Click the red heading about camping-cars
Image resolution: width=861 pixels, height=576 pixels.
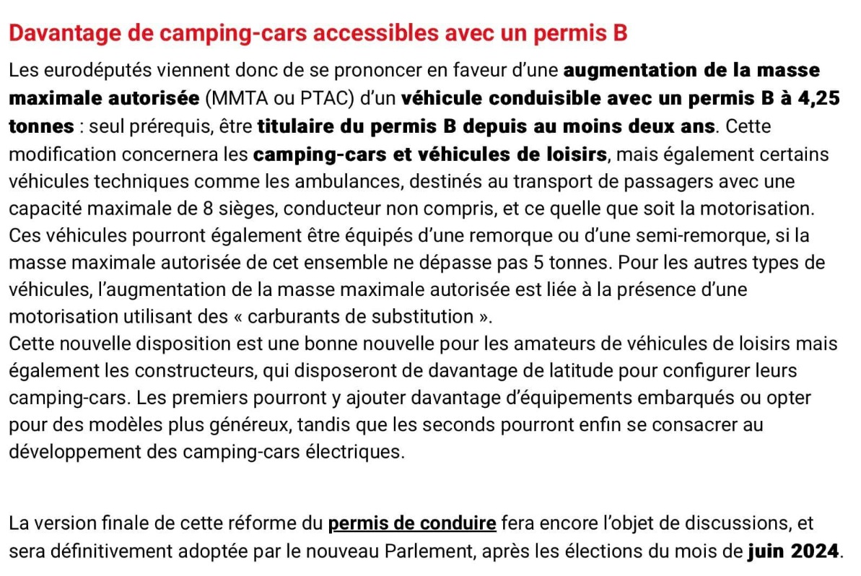318,32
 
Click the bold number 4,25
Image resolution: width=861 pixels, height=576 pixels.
813,98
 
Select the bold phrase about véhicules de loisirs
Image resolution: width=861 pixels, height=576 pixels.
430,154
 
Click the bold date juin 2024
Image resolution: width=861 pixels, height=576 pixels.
793,551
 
